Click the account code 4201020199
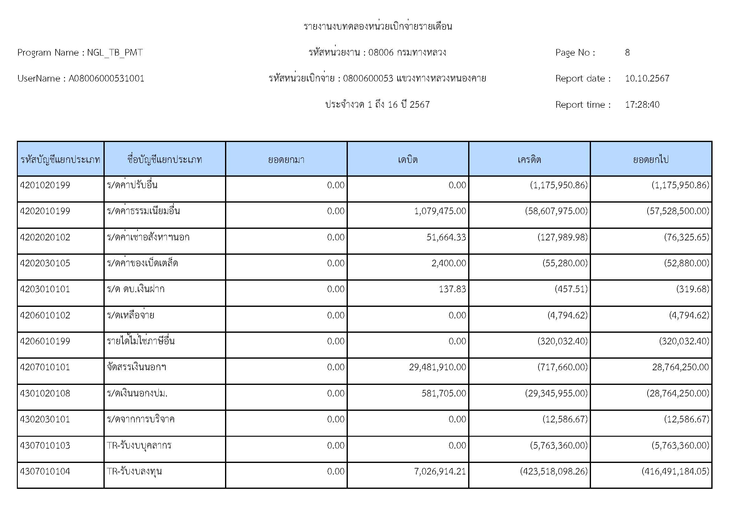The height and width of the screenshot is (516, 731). click(x=45, y=185)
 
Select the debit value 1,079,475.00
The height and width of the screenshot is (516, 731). click(x=440, y=211)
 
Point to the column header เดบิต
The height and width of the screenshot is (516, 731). click(x=408, y=159)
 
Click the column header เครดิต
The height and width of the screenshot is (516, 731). click(x=529, y=159)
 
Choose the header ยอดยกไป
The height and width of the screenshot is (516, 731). click(x=650, y=159)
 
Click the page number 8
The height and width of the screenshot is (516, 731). click(x=627, y=52)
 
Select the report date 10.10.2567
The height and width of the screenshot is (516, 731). click(x=647, y=79)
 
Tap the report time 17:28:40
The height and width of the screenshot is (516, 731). click(x=642, y=105)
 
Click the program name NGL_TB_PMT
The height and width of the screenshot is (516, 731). click(x=115, y=52)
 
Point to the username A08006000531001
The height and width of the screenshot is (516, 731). click(x=106, y=79)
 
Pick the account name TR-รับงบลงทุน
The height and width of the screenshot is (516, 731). click(x=134, y=471)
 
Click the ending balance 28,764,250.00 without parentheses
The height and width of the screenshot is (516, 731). click(x=680, y=367)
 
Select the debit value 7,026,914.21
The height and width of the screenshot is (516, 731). click(x=440, y=471)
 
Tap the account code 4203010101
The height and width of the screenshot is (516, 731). click(x=45, y=289)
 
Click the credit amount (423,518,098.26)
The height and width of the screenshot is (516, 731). click(x=554, y=471)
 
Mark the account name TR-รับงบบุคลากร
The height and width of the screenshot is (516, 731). click(x=139, y=445)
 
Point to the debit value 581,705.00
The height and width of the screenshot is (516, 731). click(x=443, y=393)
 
